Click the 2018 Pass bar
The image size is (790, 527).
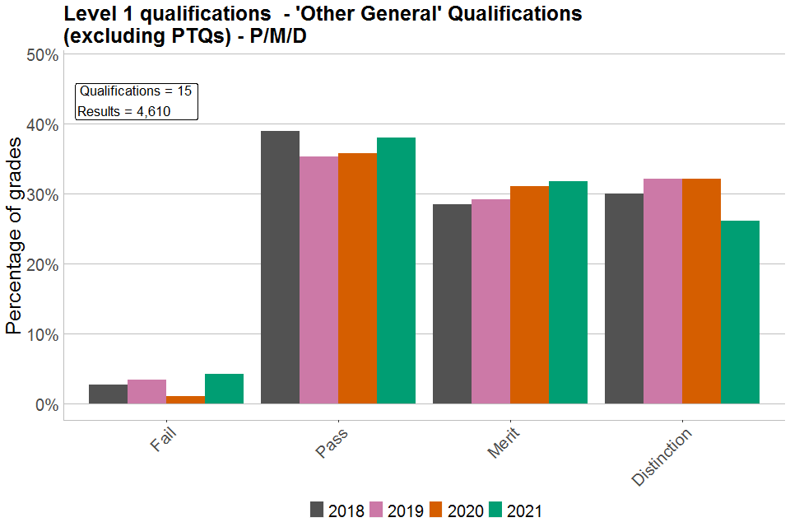pos(280,268)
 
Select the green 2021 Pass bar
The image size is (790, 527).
pos(396,271)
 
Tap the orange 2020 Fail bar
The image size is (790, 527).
pos(185,400)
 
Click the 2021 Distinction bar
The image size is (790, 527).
pos(740,312)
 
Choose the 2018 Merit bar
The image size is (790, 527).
pos(452,304)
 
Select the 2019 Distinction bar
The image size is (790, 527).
pos(662,291)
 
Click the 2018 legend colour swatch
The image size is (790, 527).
pos(317,510)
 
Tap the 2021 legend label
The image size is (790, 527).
pos(524,511)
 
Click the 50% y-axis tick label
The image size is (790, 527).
pos(41,55)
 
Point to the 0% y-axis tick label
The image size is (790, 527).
pos(45,405)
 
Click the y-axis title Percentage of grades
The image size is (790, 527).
pos(14,235)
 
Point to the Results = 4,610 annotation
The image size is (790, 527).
pos(123,111)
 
